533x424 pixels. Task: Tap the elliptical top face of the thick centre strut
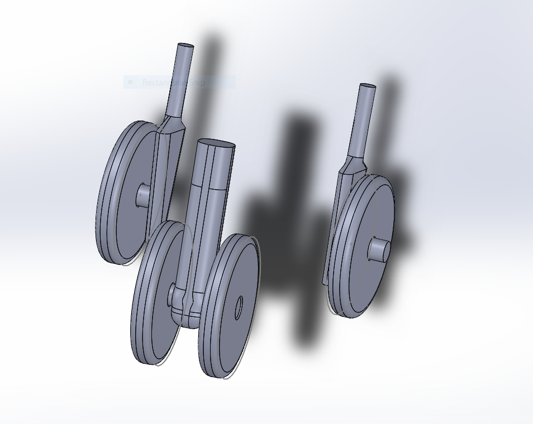click(x=216, y=144)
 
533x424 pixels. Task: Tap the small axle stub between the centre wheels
click(x=174, y=295)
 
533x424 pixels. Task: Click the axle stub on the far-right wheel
click(x=380, y=250)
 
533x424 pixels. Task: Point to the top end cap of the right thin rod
click(x=368, y=87)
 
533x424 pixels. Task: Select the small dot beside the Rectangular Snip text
click(x=130, y=82)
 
